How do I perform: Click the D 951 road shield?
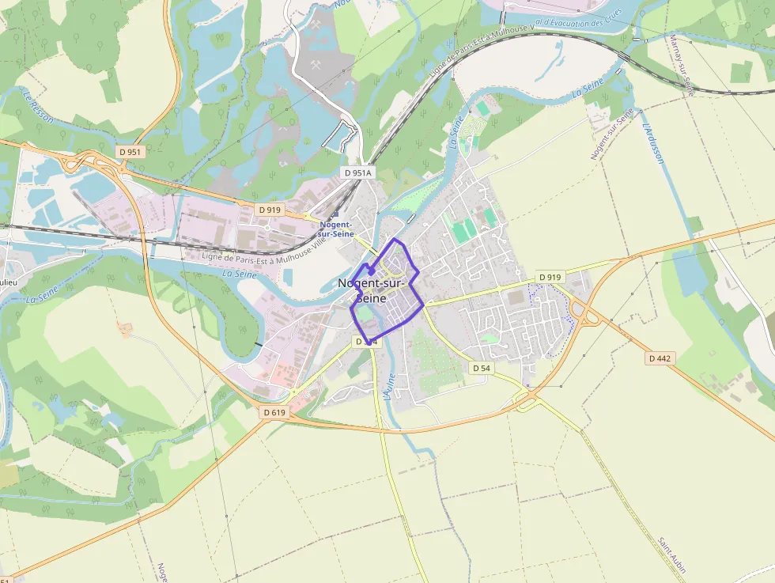click(x=130, y=151)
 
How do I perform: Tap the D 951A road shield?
click(x=357, y=172)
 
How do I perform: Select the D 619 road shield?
click(x=274, y=412)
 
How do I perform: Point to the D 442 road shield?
click(x=660, y=358)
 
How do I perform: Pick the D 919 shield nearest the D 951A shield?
click(x=270, y=210)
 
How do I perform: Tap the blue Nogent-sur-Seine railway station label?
click(x=336, y=229)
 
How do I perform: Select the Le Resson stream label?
click(x=39, y=107)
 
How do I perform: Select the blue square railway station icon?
click(x=335, y=214)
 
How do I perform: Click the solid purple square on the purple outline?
click(x=372, y=270)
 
